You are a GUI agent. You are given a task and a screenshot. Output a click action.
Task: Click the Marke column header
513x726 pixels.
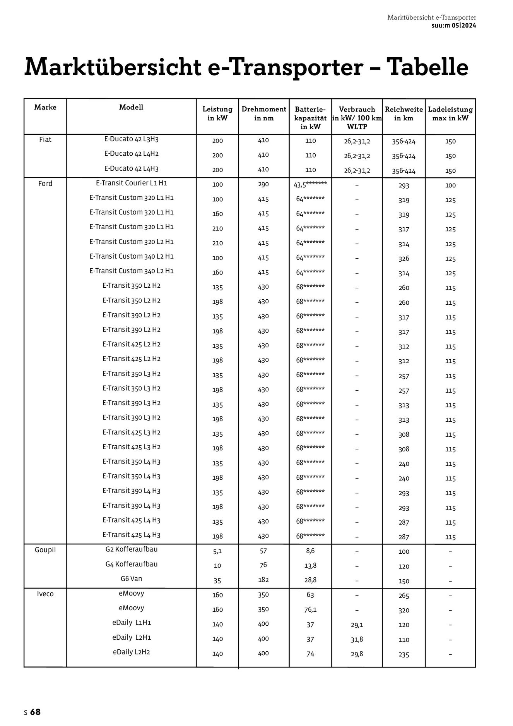click(x=45, y=107)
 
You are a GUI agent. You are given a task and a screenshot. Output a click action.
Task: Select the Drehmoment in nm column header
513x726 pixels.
click(x=263, y=113)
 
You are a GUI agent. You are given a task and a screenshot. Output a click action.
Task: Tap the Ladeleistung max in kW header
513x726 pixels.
click(x=450, y=113)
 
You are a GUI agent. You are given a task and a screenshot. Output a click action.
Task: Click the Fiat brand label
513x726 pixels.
click(x=45, y=139)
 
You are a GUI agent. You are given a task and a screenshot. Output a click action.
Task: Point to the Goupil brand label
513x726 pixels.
click(x=45, y=550)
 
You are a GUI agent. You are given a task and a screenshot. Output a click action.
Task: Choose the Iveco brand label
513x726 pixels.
click(x=45, y=594)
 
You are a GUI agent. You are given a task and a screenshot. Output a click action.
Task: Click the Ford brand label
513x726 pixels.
click(x=45, y=184)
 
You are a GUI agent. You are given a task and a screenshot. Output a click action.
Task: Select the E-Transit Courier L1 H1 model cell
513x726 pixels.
click(x=132, y=183)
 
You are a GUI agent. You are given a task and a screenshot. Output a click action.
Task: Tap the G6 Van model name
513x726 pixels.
click(x=132, y=579)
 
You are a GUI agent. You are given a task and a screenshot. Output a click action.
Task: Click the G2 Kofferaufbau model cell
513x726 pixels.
click(x=132, y=549)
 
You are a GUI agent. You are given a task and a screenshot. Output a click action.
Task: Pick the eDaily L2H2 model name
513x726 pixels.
click(x=132, y=652)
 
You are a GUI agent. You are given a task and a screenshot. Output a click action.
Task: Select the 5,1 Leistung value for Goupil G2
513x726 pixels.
click(x=217, y=551)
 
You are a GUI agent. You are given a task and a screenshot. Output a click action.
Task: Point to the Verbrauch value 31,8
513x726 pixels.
click(x=357, y=639)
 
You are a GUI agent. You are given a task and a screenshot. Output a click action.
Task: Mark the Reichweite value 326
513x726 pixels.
click(x=404, y=258)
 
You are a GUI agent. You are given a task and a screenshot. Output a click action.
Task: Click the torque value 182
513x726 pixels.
click(x=263, y=580)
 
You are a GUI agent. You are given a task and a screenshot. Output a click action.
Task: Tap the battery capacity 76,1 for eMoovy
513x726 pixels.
click(x=310, y=610)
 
